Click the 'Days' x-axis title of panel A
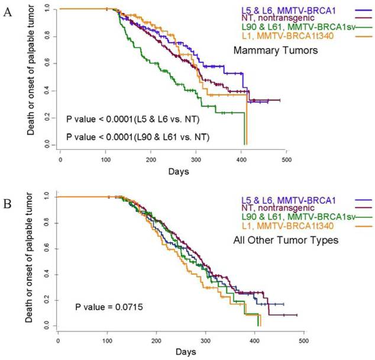pos(176,171)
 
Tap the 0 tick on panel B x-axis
pos(58,340)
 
